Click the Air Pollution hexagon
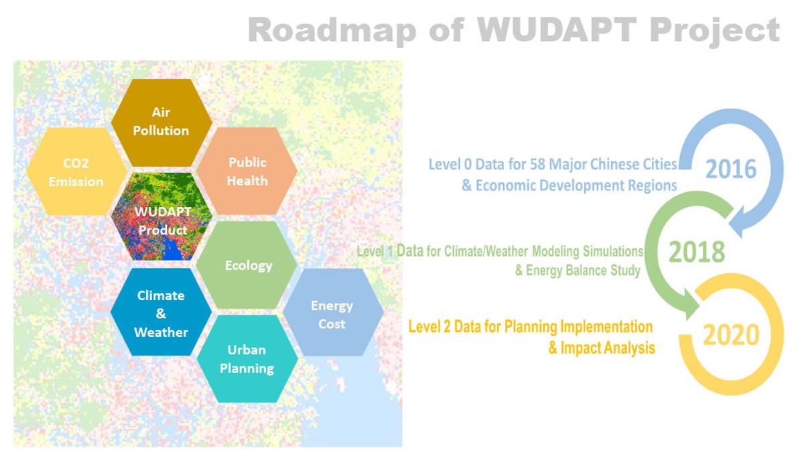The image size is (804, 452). pyautogui.click(x=161, y=123)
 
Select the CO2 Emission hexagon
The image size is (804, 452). pyautogui.click(x=76, y=171)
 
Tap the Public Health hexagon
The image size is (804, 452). pyautogui.click(x=247, y=171)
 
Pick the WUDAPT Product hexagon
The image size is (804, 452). pyautogui.click(x=161, y=217)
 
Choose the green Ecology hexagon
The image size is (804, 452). pyautogui.click(x=247, y=265)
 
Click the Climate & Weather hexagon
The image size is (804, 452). pyautogui.click(x=161, y=312)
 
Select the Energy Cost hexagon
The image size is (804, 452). pyautogui.click(x=333, y=313)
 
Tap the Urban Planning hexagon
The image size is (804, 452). pyautogui.click(x=247, y=359)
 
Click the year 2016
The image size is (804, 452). pyautogui.click(x=731, y=169)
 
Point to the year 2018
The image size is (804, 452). pyautogui.click(x=697, y=252)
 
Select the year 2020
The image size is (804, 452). pyautogui.click(x=731, y=335)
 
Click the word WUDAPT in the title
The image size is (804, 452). pyautogui.click(x=557, y=29)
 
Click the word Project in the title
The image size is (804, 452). pyautogui.click(x=715, y=31)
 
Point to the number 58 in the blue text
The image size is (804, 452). pyautogui.click(x=537, y=164)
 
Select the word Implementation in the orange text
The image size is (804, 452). pyautogui.click(x=606, y=327)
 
